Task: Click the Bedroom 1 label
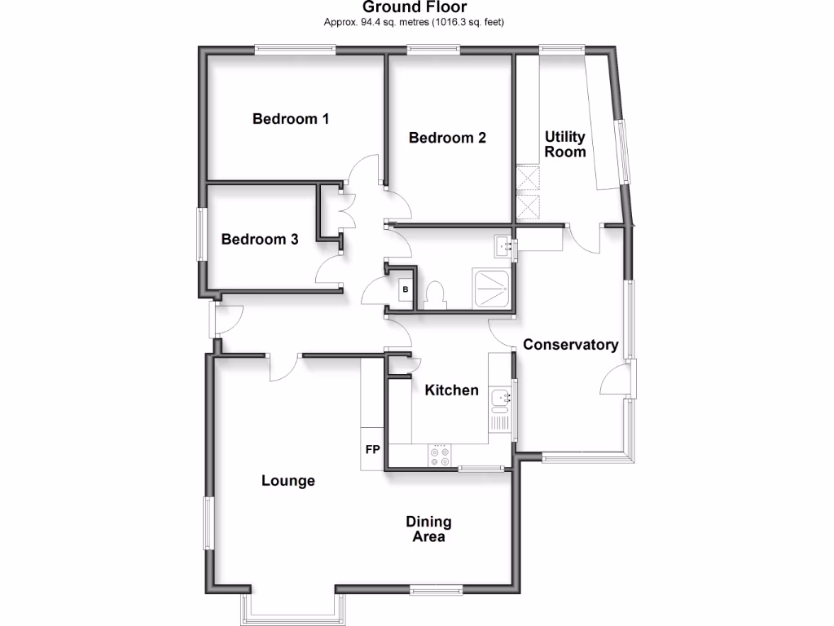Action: pyautogui.click(x=291, y=119)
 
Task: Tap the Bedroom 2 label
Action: pyautogui.click(x=447, y=138)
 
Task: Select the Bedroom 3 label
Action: pyautogui.click(x=260, y=240)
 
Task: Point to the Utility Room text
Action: pyautogui.click(x=565, y=144)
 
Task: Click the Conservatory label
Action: pyautogui.click(x=570, y=345)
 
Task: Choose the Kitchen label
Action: pyautogui.click(x=452, y=390)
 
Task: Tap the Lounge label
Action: pyautogui.click(x=288, y=481)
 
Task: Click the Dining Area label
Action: pyautogui.click(x=428, y=529)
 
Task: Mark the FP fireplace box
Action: pyautogui.click(x=372, y=449)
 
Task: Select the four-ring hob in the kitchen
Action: pyautogui.click(x=441, y=456)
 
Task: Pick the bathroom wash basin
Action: pyautogui.click(x=503, y=244)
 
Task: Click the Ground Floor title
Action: pyautogui.click(x=415, y=7)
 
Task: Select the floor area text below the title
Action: pyautogui.click(x=415, y=22)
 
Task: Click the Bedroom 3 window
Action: pyautogui.click(x=200, y=234)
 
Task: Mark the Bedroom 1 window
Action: pyautogui.click(x=295, y=50)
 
